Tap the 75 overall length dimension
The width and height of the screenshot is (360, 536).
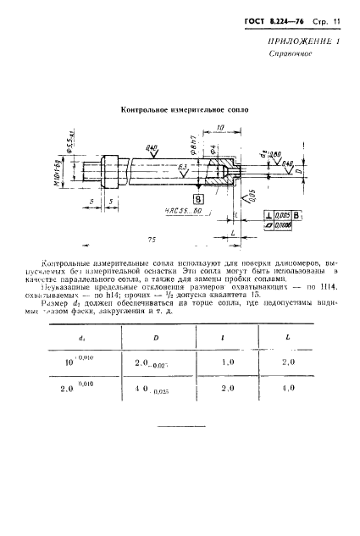click(151, 239)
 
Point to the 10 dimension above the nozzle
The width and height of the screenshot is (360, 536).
click(220, 128)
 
